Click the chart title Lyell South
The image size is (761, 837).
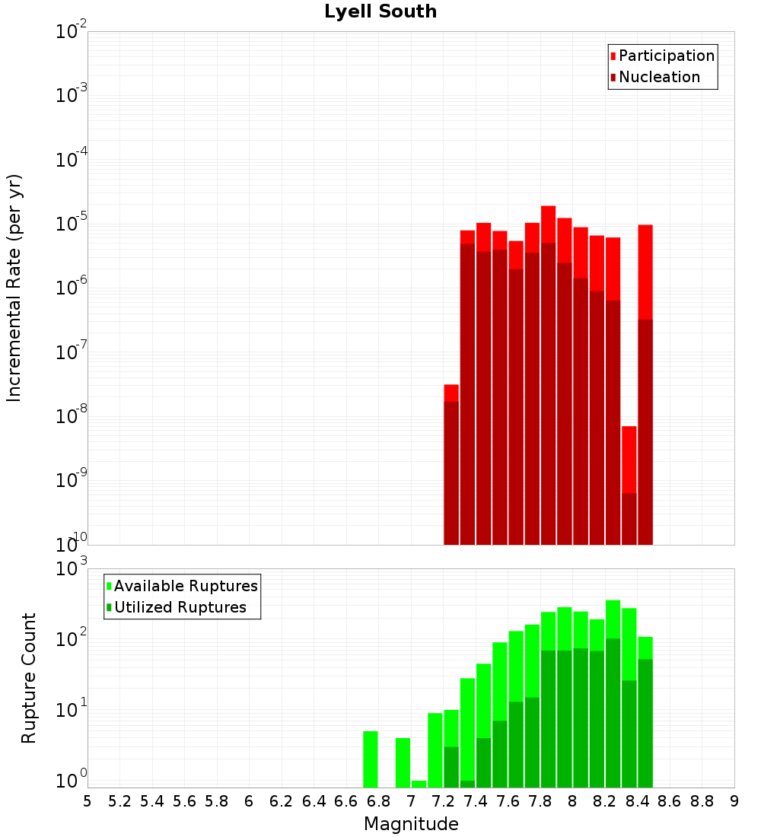pyautogui.click(x=380, y=11)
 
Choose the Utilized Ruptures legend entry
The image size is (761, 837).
pyautogui.click(x=180, y=607)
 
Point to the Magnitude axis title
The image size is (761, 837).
pyautogui.click(x=411, y=824)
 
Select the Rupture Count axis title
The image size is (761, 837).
pyautogui.click(x=29, y=678)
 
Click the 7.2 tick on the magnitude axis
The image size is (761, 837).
pyautogui.click(x=443, y=801)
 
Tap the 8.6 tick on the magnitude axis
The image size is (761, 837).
pyautogui.click(x=670, y=801)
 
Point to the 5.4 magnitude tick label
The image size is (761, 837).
pyautogui.click(x=151, y=801)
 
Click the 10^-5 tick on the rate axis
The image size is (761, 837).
pyautogui.click(x=72, y=224)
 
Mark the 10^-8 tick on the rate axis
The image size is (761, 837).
pyautogui.click(x=72, y=416)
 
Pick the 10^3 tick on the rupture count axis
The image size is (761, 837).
pyautogui.click(x=72, y=568)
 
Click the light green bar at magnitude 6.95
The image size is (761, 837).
pyautogui.click(x=403, y=762)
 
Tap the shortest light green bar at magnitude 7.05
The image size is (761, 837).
pyautogui.click(x=419, y=784)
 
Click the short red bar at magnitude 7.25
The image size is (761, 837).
pyautogui.click(x=451, y=393)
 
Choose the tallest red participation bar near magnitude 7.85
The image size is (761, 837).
pyautogui.click(x=548, y=224)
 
